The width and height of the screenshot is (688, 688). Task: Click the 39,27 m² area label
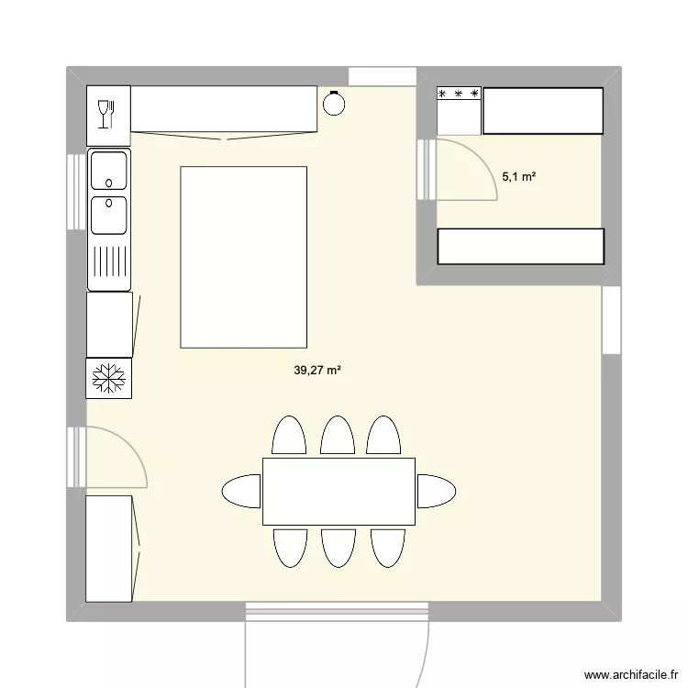[317, 371]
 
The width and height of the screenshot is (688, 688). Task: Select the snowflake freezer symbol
[109, 378]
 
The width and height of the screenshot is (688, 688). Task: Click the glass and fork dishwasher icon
[108, 114]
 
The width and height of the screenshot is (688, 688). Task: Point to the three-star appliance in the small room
[459, 110]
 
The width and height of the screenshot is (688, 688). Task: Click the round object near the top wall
[334, 105]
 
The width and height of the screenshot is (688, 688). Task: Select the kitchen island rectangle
[243, 257]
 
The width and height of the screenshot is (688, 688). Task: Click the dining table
[339, 492]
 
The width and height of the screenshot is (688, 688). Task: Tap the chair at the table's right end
[437, 491]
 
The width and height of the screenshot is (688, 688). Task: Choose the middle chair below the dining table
[338, 548]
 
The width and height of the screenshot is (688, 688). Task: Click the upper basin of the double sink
[109, 170]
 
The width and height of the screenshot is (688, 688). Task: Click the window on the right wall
[611, 319]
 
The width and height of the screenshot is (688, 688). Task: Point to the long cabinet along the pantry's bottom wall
[520, 246]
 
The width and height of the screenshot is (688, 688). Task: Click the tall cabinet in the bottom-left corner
[109, 549]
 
